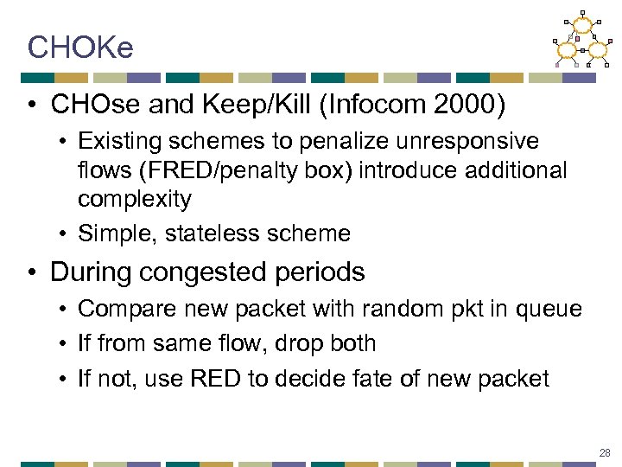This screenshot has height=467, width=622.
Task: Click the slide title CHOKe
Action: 80,48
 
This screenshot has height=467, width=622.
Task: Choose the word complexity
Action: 134,200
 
